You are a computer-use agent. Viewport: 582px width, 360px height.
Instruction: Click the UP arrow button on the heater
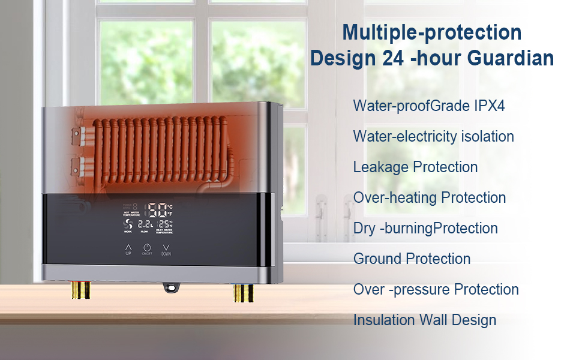(128, 247)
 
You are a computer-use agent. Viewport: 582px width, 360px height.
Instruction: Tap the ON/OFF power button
(147, 248)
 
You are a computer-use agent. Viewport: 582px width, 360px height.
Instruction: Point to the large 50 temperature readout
(158, 210)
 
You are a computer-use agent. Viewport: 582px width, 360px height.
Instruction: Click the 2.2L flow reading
(145, 224)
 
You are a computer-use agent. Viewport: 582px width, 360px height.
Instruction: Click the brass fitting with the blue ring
(242, 292)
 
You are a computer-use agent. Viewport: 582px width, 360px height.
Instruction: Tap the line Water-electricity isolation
(433, 136)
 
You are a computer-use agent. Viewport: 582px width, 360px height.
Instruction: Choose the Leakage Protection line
(415, 167)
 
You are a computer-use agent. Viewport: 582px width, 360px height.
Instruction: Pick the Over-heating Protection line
(429, 197)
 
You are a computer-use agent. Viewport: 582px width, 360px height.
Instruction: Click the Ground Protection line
(412, 259)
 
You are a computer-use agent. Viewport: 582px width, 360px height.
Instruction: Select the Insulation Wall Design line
(424, 320)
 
